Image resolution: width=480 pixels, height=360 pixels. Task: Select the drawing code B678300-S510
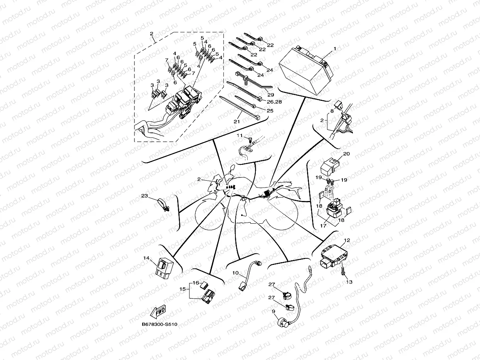pyautogui.click(x=159, y=324)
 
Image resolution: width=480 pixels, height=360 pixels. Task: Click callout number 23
pyautogui.click(x=144, y=196)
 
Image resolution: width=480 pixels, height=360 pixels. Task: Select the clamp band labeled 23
pyautogui.click(x=164, y=205)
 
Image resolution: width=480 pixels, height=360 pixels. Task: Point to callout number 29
pyautogui.click(x=271, y=95)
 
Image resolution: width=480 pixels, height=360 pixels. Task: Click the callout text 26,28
pyautogui.click(x=274, y=102)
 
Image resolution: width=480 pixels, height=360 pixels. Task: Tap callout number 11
pyautogui.click(x=240, y=136)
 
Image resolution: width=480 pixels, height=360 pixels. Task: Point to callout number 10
pyautogui.click(x=235, y=273)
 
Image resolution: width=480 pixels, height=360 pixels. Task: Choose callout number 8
pyautogui.click(x=332, y=111)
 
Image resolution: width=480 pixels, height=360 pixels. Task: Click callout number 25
pyautogui.click(x=270, y=111)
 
